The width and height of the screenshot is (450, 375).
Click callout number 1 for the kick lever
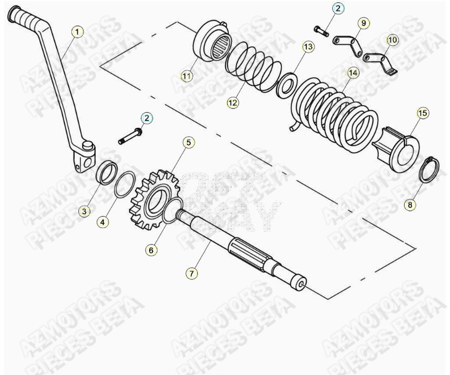(x=77, y=32)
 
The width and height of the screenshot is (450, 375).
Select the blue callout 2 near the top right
(x=338, y=8)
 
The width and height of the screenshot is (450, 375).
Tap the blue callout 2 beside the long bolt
(x=146, y=118)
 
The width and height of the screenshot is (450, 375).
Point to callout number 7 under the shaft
(x=191, y=273)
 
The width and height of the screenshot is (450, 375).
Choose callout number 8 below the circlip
(x=410, y=205)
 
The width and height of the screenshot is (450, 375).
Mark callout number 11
(x=187, y=76)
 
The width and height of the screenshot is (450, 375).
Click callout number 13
(x=308, y=47)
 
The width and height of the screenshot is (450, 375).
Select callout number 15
(x=422, y=113)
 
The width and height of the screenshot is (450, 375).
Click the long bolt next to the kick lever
(x=131, y=137)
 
